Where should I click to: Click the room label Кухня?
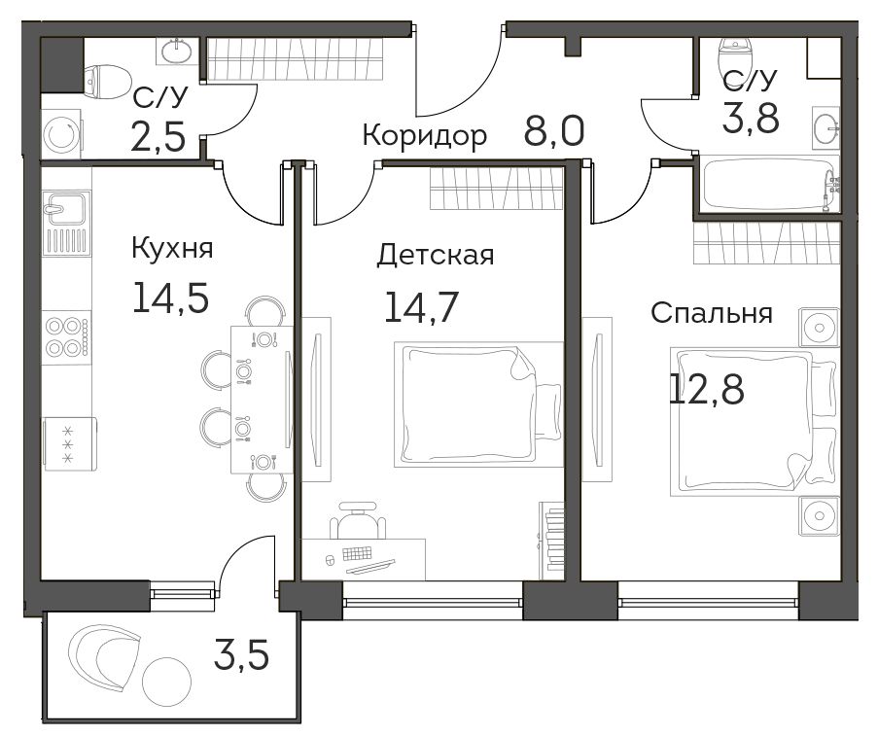click(172, 248)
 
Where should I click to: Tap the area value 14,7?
click(422, 307)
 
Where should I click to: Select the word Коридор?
click(425, 136)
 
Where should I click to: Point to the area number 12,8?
click(707, 389)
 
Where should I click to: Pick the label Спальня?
click(711, 313)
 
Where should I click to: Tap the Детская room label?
click(435, 256)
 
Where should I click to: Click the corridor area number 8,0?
click(554, 130)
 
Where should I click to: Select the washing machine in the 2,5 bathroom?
click(62, 134)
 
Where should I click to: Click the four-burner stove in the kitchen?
click(67, 337)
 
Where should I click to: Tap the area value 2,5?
click(158, 137)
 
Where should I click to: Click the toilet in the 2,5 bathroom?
click(106, 82)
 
